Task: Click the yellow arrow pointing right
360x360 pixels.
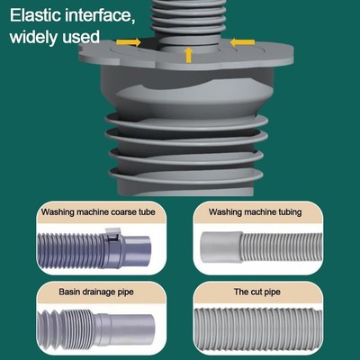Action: (129, 42)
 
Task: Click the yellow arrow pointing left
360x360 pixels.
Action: (242, 42)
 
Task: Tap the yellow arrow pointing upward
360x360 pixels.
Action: (188, 55)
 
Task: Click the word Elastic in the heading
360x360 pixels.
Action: (35, 15)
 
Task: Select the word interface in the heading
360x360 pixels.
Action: (99, 16)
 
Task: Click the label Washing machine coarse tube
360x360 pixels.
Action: (98, 212)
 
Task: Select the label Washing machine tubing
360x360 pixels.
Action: (256, 212)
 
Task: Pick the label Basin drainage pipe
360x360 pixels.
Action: (96, 292)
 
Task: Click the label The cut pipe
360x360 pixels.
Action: (257, 292)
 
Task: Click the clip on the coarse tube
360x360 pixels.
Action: (113, 235)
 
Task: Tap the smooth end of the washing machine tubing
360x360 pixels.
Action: (221, 247)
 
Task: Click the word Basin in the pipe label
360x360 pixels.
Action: (68, 292)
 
